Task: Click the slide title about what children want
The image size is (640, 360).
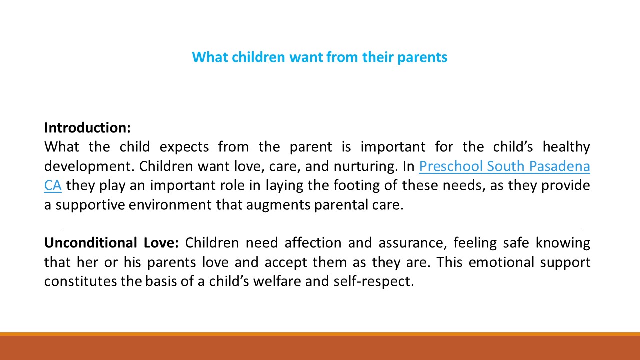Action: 319,57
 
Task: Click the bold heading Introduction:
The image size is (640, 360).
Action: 87,128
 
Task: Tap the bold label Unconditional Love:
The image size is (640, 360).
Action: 111,243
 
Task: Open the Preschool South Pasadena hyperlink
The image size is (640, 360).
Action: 504,166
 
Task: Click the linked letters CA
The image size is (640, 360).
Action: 52,186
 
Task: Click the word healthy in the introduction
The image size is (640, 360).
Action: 566,147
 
